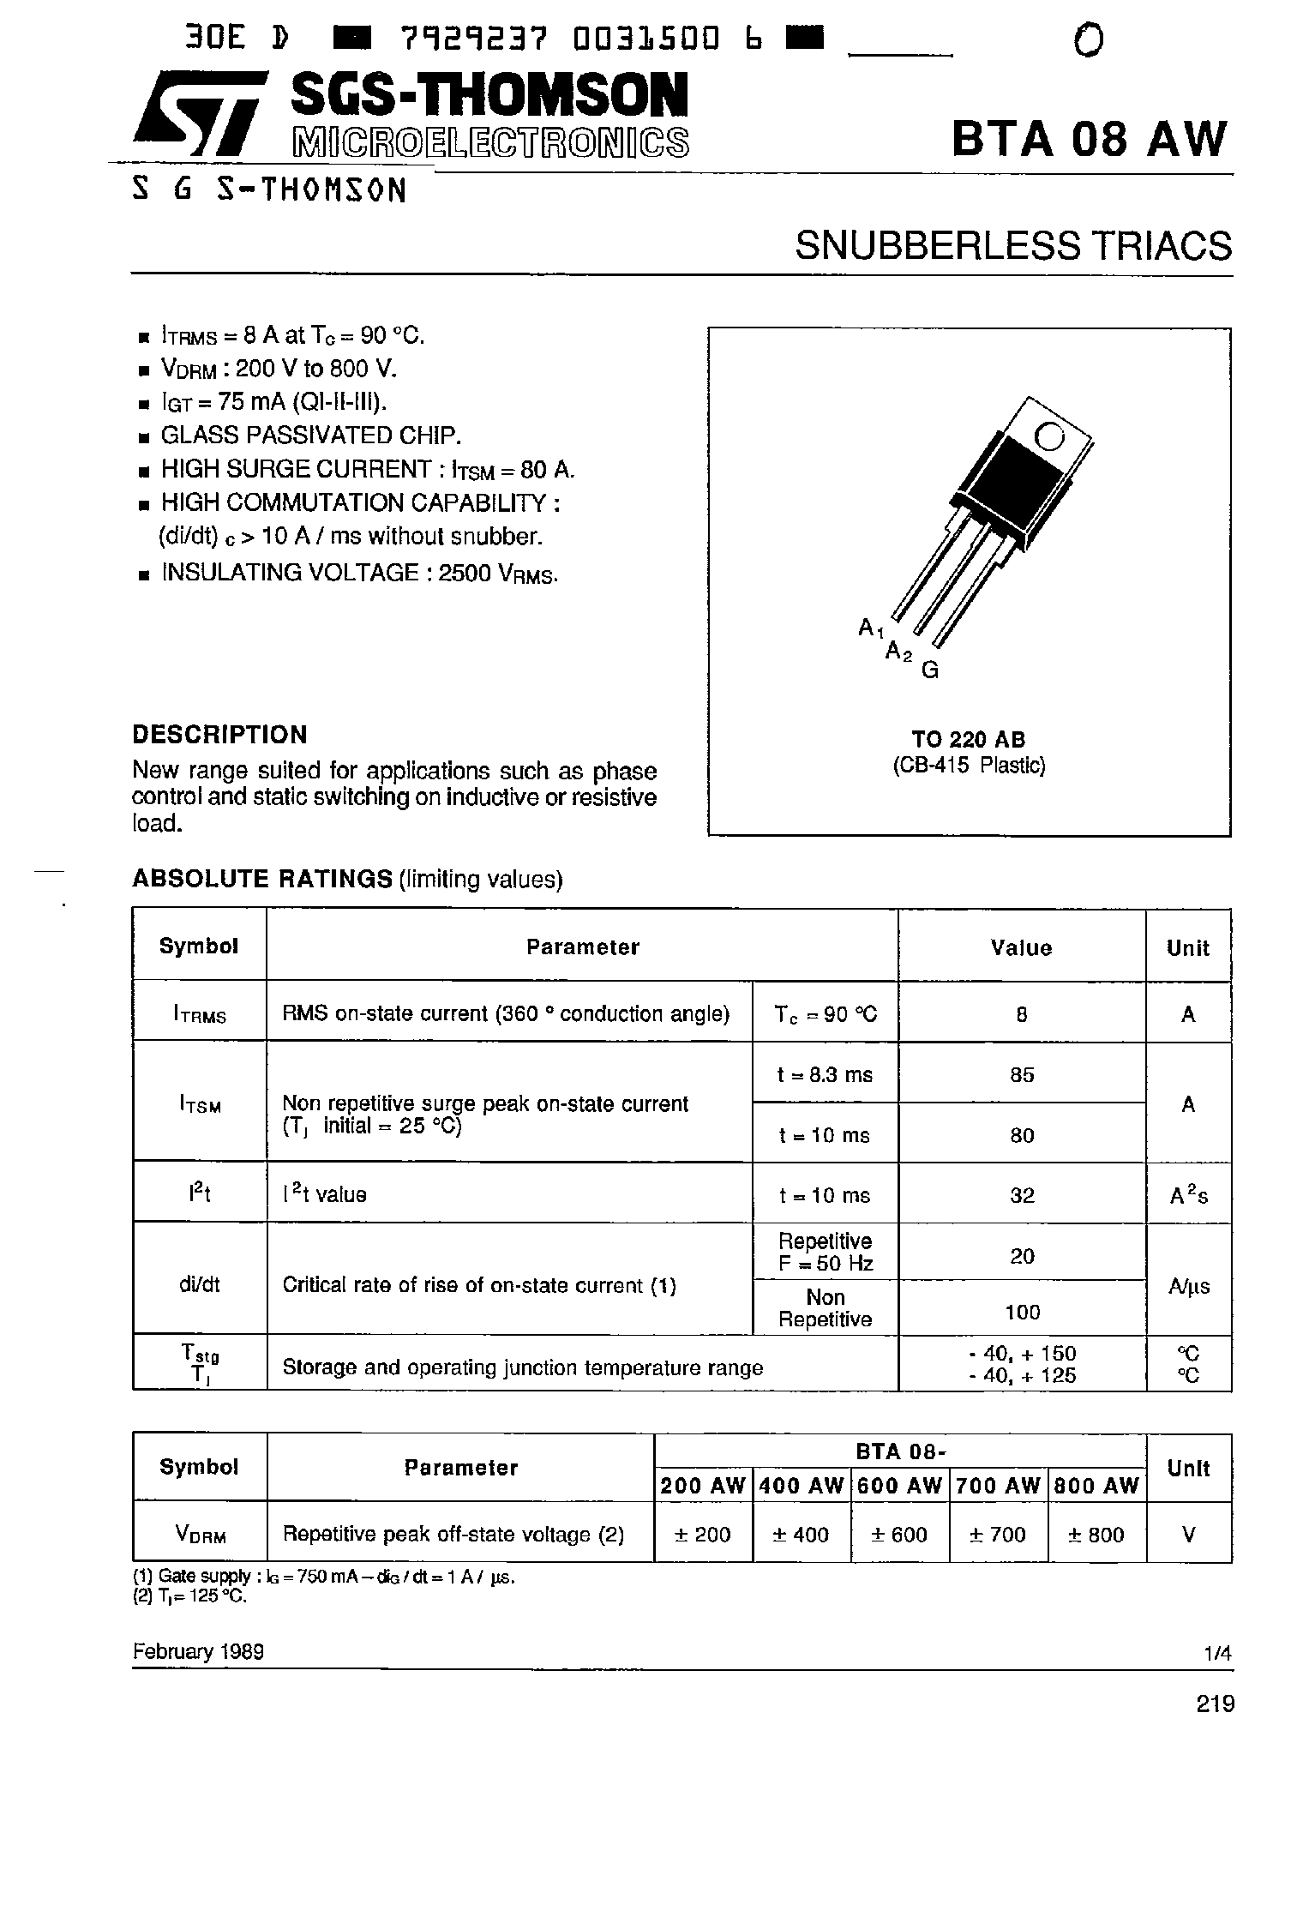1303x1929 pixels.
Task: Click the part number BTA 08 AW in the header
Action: (x=1090, y=138)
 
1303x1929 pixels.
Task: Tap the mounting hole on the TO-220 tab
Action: (x=1048, y=437)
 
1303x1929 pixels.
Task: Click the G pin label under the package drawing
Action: (x=930, y=670)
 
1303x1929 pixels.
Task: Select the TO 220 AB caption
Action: (x=969, y=739)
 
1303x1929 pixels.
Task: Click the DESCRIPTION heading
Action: (x=219, y=735)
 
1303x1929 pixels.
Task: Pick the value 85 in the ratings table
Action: (x=1022, y=1074)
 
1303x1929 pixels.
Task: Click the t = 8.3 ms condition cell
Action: (x=825, y=1074)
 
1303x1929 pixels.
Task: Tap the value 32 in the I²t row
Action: (x=1022, y=1195)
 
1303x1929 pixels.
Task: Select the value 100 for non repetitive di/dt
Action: (x=1022, y=1312)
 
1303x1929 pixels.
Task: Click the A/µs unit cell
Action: (x=1188, y=1286)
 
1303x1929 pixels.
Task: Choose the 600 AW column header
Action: (x=900, y=1486)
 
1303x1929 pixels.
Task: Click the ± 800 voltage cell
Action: (x=1096, y=1535)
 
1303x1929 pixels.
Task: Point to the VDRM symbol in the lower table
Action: (x=200, y=1535)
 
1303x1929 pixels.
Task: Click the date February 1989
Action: (x=198, y=1652)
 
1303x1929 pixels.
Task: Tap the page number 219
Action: (x=1215, y=1704)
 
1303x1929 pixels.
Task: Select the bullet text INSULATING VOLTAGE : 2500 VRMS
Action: (x=359, y=573)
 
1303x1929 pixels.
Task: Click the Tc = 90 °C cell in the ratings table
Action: (x=826, y=1014)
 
